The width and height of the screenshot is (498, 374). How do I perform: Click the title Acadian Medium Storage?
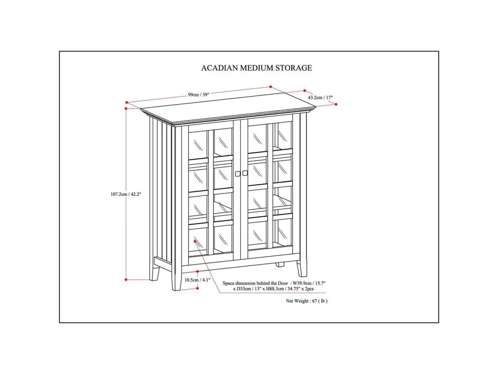pos(257,68)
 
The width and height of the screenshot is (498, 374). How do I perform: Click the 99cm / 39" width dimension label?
pos(198,94)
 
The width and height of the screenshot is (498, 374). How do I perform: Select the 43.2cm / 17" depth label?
pos(320,97)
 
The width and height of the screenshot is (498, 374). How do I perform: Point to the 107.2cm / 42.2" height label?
pos(126,194)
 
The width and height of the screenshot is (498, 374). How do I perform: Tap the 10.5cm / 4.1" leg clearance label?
pos(197,280)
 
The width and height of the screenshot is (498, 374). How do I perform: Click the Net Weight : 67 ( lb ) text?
pos(306,301)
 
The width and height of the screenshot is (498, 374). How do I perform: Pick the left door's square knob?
pos(238,173)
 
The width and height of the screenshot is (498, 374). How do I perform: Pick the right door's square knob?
pos(245,173)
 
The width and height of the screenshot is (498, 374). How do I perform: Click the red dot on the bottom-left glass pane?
pos(195,242)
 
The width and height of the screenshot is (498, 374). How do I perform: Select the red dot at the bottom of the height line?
pos(126,280)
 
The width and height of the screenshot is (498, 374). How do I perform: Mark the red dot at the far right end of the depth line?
pos(336,104)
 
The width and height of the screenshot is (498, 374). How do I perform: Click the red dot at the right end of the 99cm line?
pos(270,87)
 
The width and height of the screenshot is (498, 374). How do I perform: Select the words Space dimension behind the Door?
pos(255,283)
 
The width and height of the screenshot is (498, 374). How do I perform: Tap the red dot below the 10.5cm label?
pos(197,288)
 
